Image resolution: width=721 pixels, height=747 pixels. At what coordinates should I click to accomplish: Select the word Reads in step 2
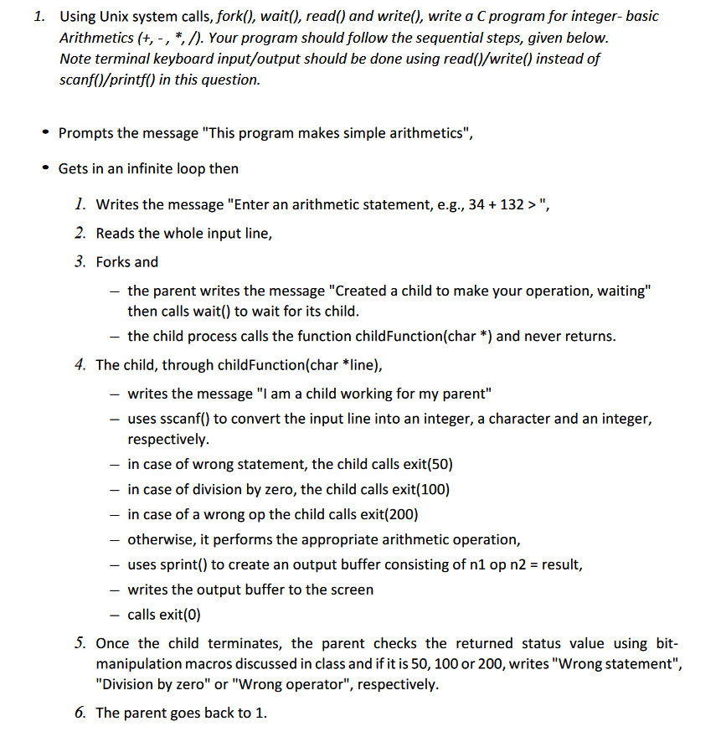115,234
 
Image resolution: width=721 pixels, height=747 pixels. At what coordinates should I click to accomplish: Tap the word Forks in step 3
114,262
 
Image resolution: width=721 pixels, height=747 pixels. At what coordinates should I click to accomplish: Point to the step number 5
80,643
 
